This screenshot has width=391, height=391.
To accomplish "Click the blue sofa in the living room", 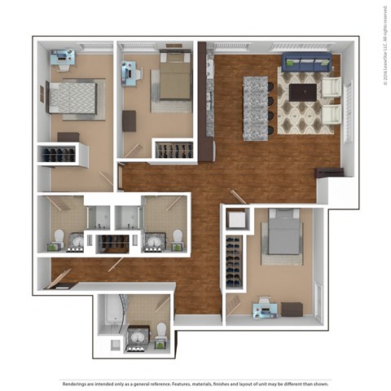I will coord(307,63).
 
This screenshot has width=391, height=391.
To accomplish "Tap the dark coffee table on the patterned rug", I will coord(302,92).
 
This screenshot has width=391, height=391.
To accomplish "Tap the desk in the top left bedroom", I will coord(62,57).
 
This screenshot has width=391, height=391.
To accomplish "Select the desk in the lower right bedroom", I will coord(264,309).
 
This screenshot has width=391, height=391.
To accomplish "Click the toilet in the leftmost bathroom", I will coord(59,238).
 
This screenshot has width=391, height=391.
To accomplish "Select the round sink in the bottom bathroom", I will coord(137,335).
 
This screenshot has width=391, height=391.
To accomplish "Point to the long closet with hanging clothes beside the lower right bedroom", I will coord(235,261).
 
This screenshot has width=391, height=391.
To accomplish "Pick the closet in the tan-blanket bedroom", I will coord(174,149).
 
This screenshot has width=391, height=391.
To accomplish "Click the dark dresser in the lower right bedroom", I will coord(292,310).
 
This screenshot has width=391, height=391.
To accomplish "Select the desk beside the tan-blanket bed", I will coord(130,74).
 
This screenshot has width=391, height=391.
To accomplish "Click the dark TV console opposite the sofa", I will coord(329,173).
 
